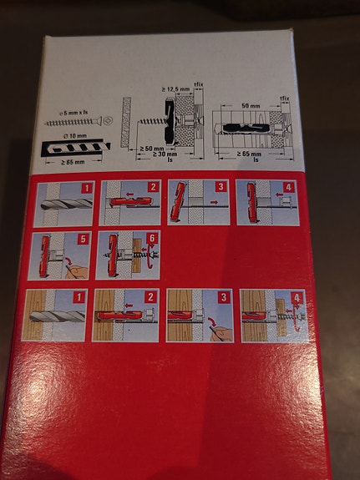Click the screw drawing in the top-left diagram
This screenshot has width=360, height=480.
pos(76,122)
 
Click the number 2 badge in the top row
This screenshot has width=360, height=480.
pos(152,189)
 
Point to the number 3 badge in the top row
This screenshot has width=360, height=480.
pos(221,189)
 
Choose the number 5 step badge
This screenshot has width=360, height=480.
pos(84,240)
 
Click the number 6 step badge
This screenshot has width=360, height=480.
pos(152,240)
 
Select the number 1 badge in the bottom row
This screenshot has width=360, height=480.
pos(79,297)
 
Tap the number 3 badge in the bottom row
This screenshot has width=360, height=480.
pos(224,297)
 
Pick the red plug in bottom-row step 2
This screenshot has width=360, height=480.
pos(124,317)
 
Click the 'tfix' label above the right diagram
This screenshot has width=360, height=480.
pos(285,99)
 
